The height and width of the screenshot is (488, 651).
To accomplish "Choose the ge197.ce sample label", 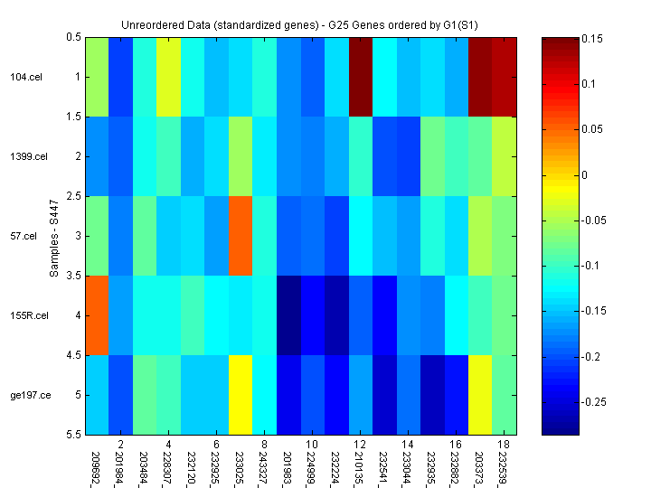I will click(x=25, y=395).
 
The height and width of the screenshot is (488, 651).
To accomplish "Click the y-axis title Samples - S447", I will click(x=54, y=236).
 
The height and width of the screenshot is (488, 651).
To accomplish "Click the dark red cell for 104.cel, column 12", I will click(x=360, y=78).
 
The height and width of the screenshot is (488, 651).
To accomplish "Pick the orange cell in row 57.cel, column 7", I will click(x=241, y=236).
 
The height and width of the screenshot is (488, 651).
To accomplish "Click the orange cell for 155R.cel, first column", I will click(x=97, y=315).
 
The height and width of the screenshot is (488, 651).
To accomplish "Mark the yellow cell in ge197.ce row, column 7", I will click(x=241, y=395).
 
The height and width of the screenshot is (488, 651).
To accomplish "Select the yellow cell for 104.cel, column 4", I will click(x=168, y=78).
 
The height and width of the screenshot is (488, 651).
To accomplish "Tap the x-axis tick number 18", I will click(x=504, y=445).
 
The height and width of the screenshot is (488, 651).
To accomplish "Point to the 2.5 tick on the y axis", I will click(x=73, y=196).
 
